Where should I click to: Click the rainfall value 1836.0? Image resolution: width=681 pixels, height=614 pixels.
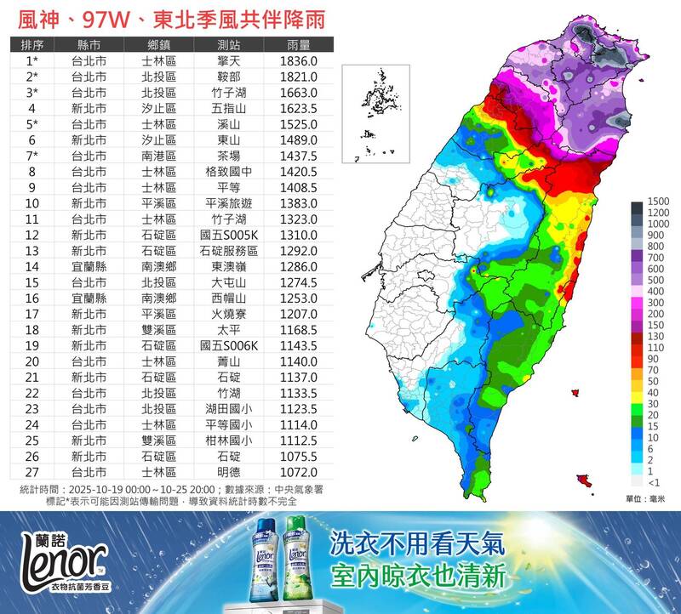click(x=298, y=61)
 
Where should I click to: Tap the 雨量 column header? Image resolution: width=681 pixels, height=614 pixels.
click(x=298, y=45)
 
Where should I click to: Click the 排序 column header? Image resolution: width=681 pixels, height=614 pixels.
click(x=32, y=45)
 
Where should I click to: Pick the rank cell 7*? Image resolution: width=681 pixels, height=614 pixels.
click(x=32, y=156)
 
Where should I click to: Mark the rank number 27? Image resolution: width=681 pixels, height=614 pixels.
click(x=32, y=472)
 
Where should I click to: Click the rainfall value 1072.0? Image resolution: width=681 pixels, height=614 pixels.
click(x=298, y=472)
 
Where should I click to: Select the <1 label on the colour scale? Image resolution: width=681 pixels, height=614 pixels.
click(x=654, y=482)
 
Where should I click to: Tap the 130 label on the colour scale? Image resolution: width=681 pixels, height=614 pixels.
click(x=655, y=336)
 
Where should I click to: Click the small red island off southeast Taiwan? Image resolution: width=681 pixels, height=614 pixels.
click(x=583, y=480)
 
